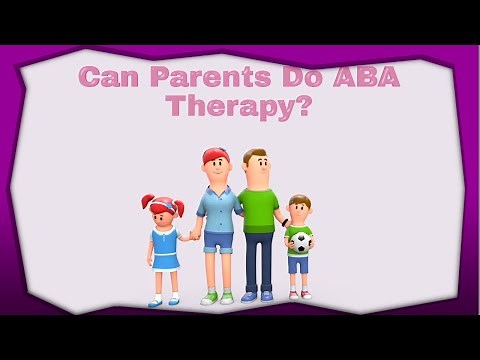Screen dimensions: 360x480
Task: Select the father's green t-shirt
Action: pos(258,207)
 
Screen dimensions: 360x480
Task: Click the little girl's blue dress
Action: pos(165,248)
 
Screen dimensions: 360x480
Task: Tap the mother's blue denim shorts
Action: pos(218,243)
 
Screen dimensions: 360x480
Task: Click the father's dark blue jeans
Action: pos(258,262)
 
